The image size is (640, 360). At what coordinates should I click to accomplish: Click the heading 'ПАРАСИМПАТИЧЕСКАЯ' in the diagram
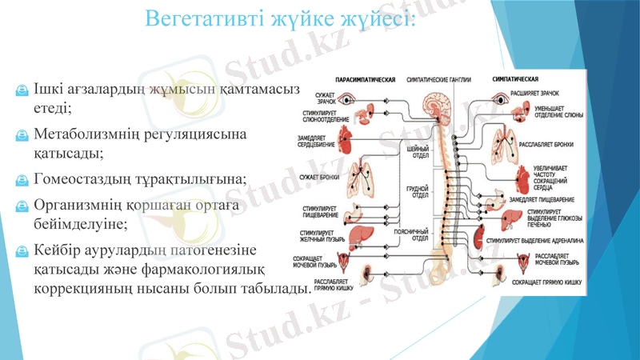365,81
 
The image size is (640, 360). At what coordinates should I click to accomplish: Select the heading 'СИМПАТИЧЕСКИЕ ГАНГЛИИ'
439,81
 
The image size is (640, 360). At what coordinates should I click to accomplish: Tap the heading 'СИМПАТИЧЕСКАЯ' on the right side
514,81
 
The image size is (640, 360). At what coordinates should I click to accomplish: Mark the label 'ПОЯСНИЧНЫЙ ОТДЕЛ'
416,235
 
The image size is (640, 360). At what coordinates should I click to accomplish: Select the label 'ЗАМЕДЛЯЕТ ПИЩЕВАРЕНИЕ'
541,198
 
